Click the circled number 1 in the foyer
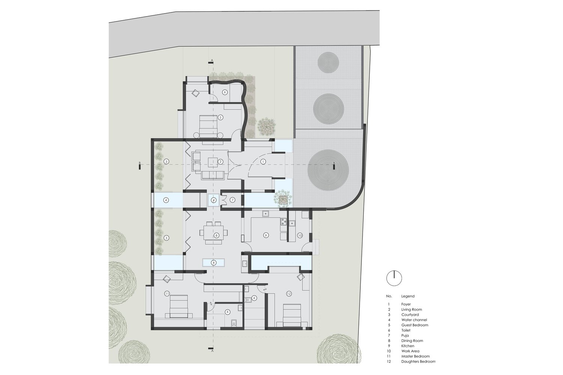pos(263,161)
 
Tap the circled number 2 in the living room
pos(221,161)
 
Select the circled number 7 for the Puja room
pos(232,200)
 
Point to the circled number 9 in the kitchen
pos(266,235)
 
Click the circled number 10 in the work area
pos(300,235)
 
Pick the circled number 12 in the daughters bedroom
pos(289,293)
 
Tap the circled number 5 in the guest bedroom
pos(221,117)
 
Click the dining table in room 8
pos(214,232)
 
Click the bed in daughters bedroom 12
pos(292,315)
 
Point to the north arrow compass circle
pos(394,278)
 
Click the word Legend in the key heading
pos(408,296)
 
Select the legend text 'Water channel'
pos(414,320)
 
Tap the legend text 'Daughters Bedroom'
pos(418,361)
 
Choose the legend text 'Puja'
pos(405,336)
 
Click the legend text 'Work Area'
pos(410,351)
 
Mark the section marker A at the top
pos(212,60)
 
